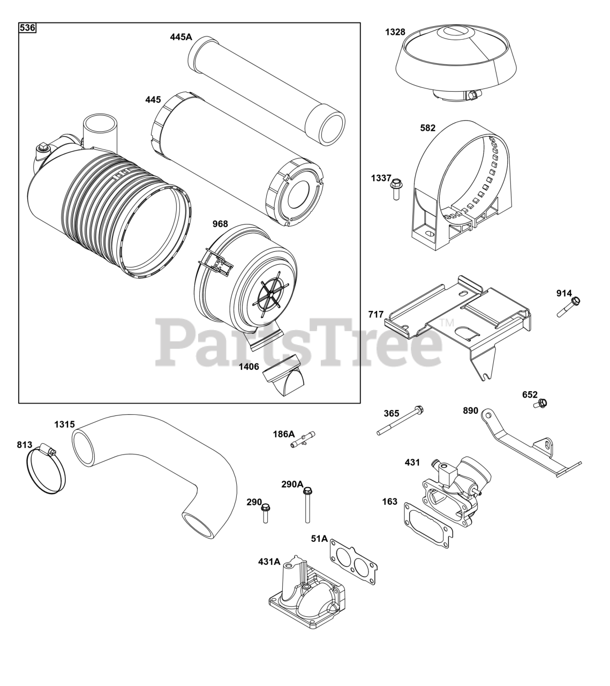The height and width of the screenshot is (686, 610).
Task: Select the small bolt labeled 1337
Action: pyautogui.click(x=396, y=189)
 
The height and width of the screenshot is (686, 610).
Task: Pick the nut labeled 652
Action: pyautogui.click(x=541, y=403)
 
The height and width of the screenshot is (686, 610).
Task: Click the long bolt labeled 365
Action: pyautogui.click(x=400, y=421)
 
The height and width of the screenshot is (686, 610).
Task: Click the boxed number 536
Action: pyautogui.click(x=27, y=28)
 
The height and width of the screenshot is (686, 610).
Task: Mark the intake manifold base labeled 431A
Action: pyautogui.click(x=305, y=595)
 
